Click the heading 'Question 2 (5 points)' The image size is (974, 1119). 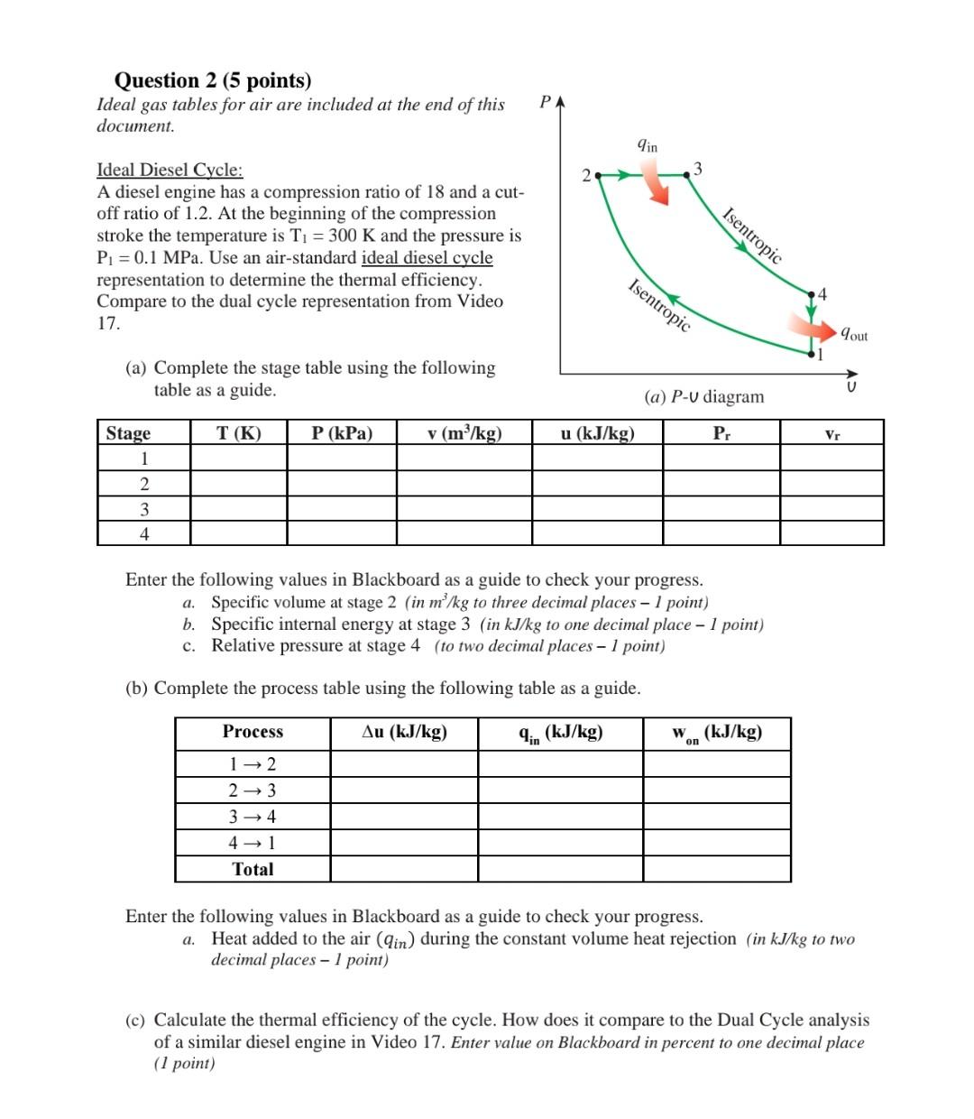click(213, 80)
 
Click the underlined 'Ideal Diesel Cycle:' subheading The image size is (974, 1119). click(170, 170)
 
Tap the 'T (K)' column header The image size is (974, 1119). click(239, 433)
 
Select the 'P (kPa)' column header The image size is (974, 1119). click(342, 433)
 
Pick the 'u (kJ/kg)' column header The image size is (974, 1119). click(597, 433)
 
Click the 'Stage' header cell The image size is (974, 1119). click(128, 433)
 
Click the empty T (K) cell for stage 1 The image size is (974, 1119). click(239, 458)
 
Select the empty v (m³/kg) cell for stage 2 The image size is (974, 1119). click(464, 484)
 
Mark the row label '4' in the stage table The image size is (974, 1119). click(144, 533)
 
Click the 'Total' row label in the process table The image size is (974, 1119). click(253, 869)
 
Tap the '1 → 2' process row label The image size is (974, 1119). click(253, 764)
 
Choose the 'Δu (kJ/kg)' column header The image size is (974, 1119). click(404, 732)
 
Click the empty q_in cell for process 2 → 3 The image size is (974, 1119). click(560, 791)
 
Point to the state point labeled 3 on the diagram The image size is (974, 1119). click(687, 173)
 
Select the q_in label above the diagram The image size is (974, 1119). click(648, 144)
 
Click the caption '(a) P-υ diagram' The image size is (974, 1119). click(703, 397)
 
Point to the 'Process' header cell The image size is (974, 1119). click(253, 732)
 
